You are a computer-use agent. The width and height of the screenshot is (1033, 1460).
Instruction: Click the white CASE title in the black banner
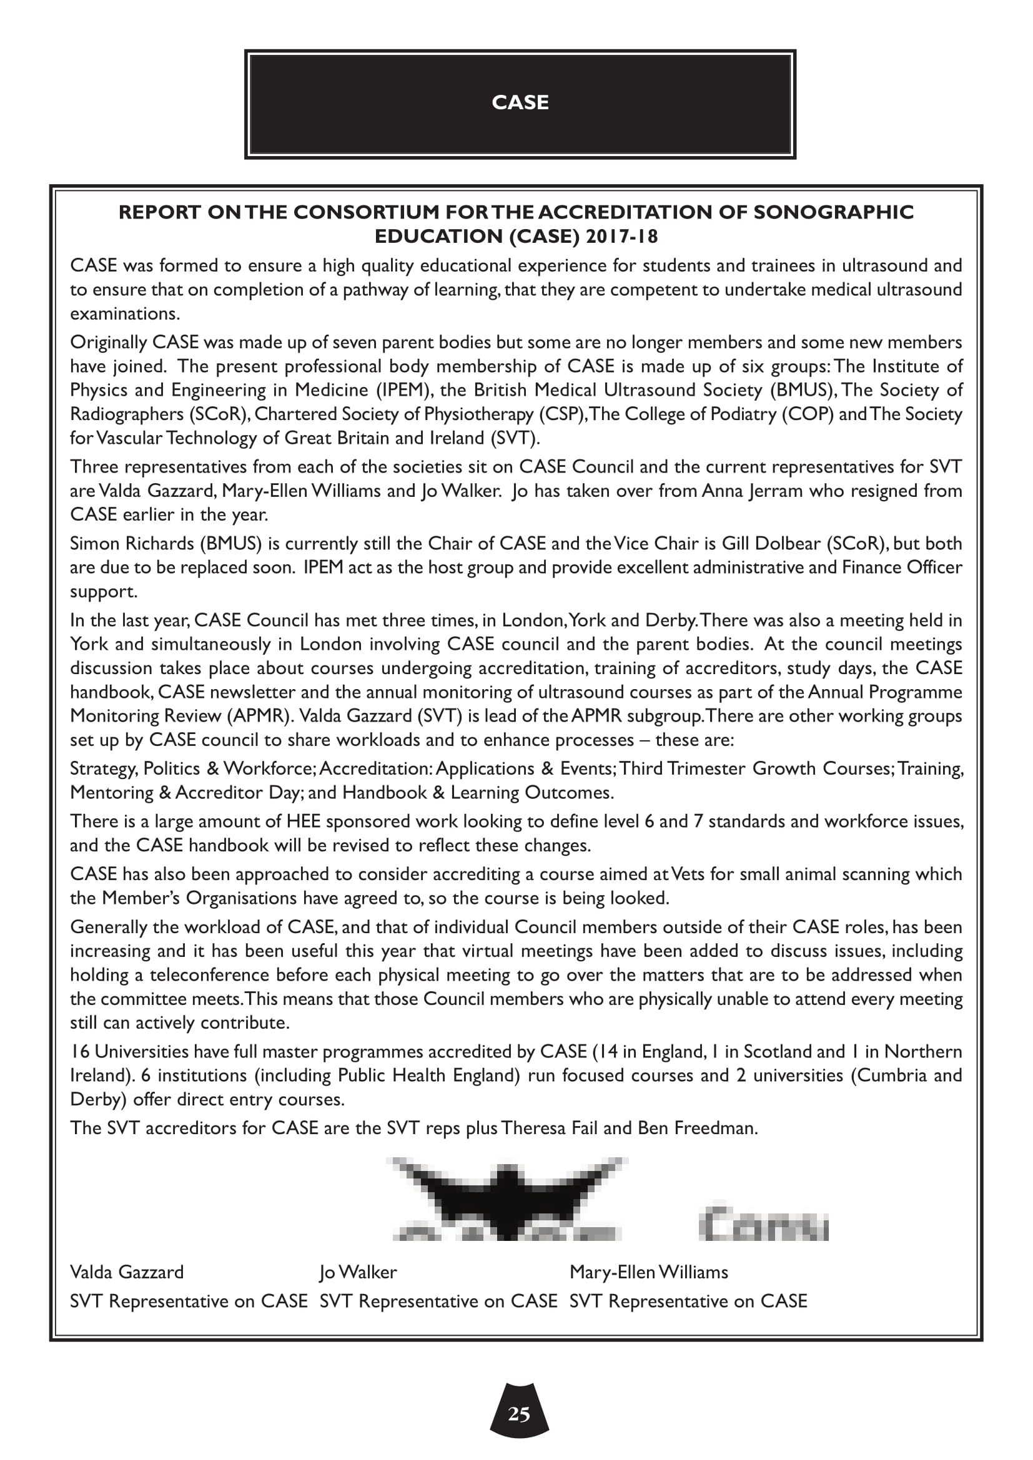tap(520, 102)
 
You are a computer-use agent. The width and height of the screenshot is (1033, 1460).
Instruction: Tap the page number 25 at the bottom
tap(519, 1414)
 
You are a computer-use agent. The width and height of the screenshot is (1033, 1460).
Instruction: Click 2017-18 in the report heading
tap(621, 237)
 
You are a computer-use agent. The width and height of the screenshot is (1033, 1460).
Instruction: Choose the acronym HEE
tap(304, 821)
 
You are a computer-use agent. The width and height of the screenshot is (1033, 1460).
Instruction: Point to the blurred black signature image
tap(507, 1198)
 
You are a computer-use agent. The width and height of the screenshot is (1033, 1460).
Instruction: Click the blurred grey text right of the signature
tap(763, 1224)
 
